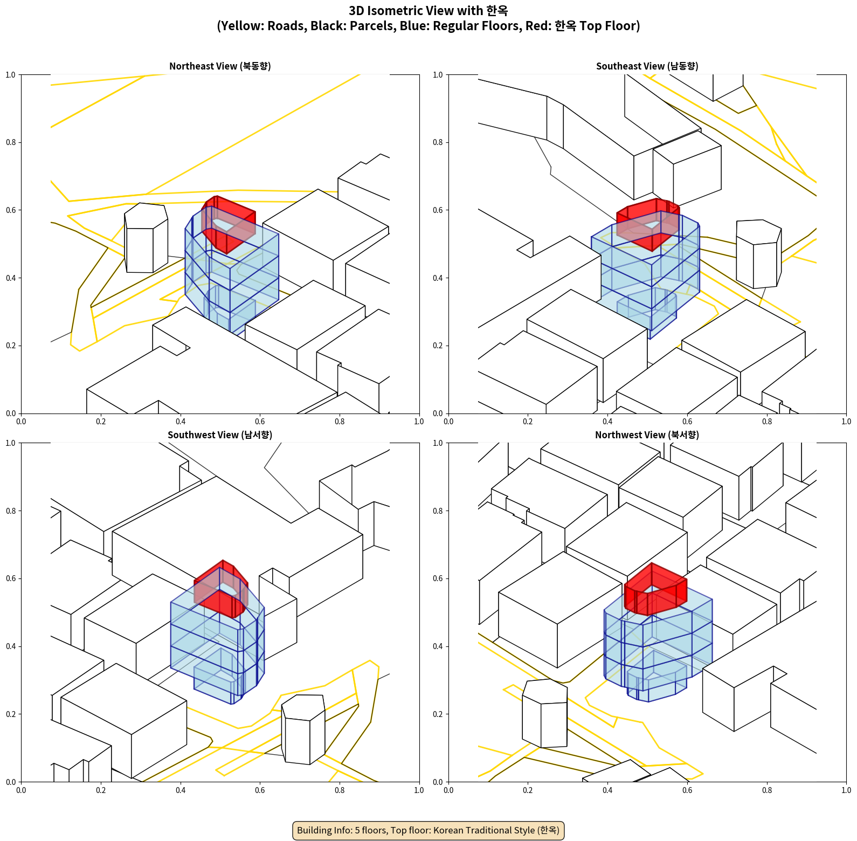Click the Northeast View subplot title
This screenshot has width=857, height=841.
[x=220, y=66]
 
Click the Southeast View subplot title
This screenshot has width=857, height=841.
[x=647, y=66]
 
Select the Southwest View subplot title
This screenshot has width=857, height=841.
[x=220, y=435]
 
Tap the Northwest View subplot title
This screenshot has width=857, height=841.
[x=647, y=435]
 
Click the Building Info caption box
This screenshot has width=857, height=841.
[x=428, y=830]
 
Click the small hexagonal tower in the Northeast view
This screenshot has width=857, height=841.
[x=146, y=238]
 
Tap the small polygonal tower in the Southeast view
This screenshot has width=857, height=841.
[x=759, y=254]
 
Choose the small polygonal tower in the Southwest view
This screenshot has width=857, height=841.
[x=303, y=729]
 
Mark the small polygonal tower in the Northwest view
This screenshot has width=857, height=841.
[x=545, y=713]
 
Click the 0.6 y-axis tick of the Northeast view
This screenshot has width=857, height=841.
[x=11, y=210]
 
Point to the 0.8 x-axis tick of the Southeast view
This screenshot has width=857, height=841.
[x=767, y=422]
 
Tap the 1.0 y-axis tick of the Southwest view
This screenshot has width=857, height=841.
[x=11, y=443]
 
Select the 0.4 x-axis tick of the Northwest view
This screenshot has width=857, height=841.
[x=607, y=790]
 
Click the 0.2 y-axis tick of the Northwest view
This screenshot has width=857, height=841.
[x=438, y=714]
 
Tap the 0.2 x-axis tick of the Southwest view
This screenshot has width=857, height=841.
[x=101, y=790]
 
